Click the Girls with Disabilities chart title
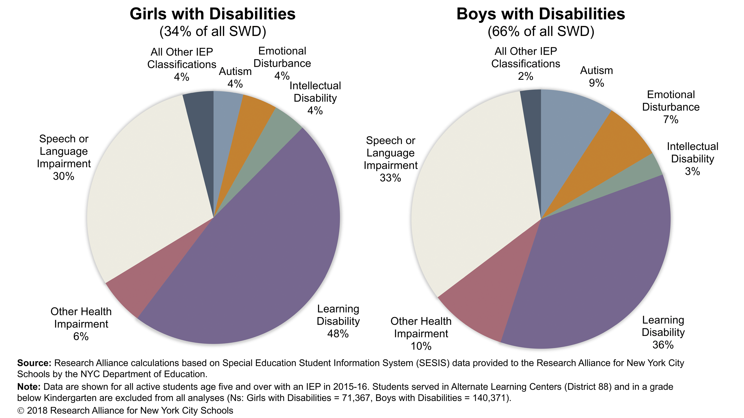click(x=212, y=14)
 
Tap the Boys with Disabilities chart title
click(x=540, y=14)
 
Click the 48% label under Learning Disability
click(x=338, y=334)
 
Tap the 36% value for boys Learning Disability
click(x=663, y=345)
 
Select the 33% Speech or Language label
click(x=390, y=178)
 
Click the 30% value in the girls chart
click(x=63, y=176)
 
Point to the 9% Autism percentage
click(x=596, y=83)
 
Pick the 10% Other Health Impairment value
click(x=421, y=346)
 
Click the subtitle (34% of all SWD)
click(x=212, y=31)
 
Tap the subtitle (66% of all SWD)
click(x=540, y=31)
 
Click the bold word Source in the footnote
click(x=34, y=363)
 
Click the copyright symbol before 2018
click(x=21, y=411)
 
